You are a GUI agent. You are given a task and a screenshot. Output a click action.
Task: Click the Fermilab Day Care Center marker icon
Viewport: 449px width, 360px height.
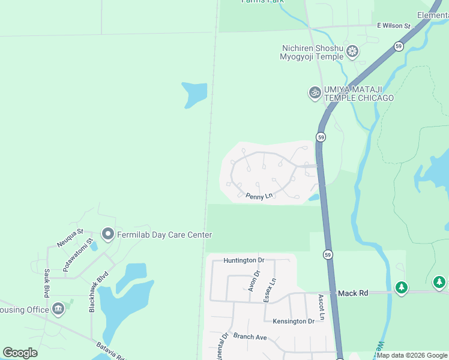click(x=108, y=234)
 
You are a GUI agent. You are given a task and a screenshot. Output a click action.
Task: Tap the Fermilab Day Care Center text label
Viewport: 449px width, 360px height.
click(x=163, y=235)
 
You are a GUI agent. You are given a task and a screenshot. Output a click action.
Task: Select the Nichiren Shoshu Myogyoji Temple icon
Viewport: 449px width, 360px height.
click(x=353, y=52)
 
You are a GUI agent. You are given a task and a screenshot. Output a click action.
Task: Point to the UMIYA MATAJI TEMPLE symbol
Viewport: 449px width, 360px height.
click(x=315, y=92)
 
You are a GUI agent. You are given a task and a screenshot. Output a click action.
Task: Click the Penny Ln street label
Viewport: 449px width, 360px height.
click(x=259, y=196)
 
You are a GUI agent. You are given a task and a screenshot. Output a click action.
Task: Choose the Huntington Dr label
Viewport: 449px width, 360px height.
click(x=244, y=260)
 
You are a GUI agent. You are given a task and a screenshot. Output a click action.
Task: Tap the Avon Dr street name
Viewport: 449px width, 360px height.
click(x=255, y=281)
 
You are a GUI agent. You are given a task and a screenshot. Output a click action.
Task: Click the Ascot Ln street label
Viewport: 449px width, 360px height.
click(x=321, y=307)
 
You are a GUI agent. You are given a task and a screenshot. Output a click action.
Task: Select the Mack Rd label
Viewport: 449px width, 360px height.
click(x=352, y=293)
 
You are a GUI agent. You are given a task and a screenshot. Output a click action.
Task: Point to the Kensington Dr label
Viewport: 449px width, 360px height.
click(x=294, y=321)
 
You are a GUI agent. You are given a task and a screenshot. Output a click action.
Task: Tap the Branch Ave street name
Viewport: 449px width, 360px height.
click(x=250, y=337)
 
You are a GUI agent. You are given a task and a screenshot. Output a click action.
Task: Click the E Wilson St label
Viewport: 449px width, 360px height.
click(x=393, y=26)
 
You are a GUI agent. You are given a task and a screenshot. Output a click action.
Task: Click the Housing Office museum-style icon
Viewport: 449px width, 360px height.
click(x=58, y=309)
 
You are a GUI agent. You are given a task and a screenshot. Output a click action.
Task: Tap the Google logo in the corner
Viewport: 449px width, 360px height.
click(x=20, y=353)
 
